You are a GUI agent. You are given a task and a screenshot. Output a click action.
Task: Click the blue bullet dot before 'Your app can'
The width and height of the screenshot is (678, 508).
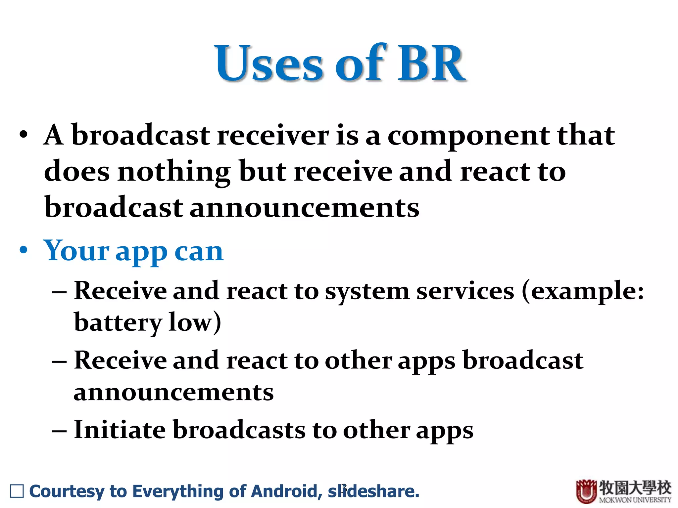click(23, 250)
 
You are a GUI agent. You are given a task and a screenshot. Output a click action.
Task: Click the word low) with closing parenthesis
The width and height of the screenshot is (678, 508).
click(195, 322)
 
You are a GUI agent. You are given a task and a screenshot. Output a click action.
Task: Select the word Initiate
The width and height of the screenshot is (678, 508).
click(120, 430)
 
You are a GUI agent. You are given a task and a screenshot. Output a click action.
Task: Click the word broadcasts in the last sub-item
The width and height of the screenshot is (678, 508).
click(239, 430)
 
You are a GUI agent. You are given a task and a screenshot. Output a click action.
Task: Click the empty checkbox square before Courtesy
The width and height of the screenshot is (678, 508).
click(17, 491)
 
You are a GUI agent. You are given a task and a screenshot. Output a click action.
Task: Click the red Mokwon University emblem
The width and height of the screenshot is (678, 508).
click(586, 491)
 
